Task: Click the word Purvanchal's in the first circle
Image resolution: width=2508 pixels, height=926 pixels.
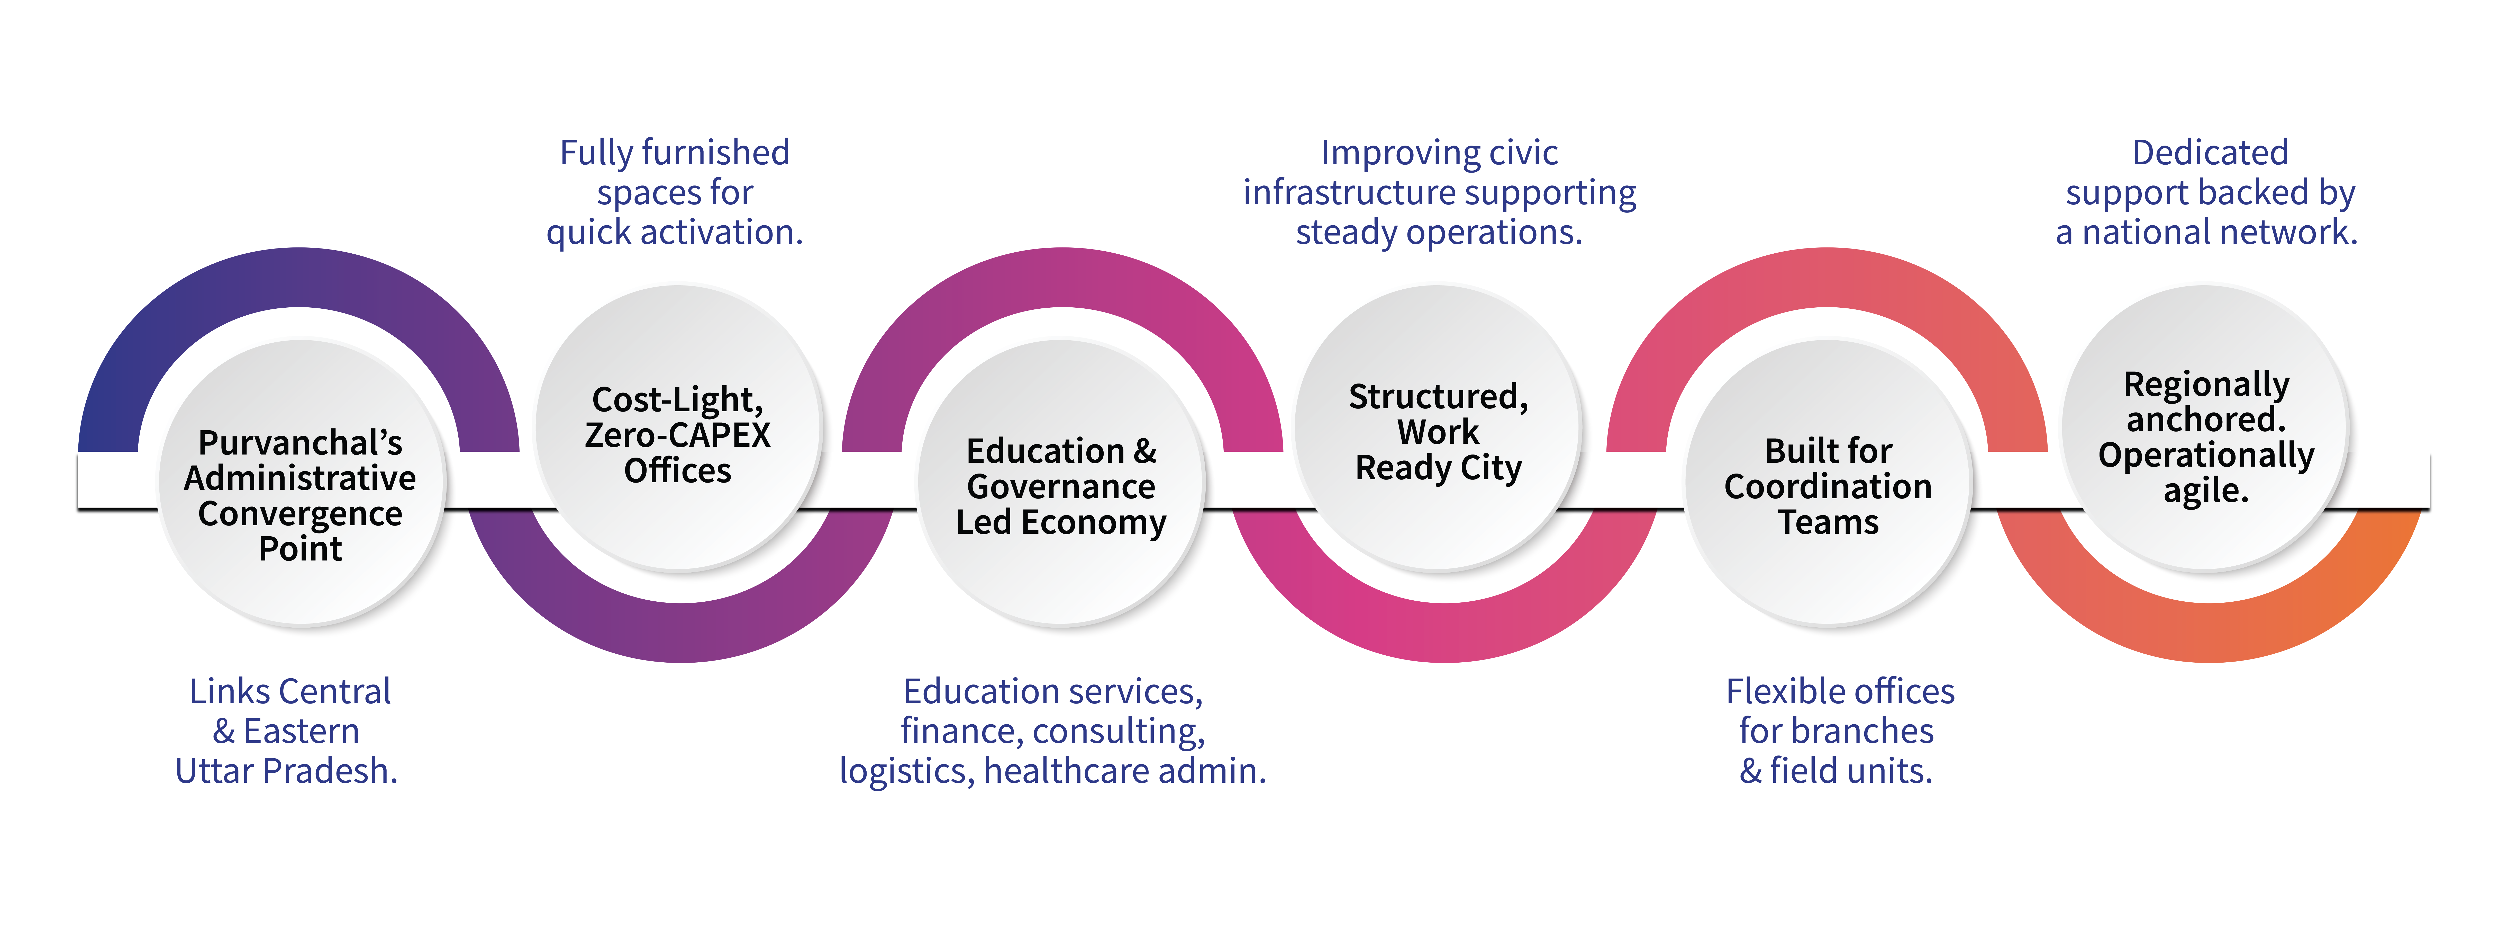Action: coord(300,443)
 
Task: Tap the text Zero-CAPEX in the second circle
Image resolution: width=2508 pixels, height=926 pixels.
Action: coord(678,435)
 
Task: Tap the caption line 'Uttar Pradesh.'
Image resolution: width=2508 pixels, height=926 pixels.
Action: coord(286,771)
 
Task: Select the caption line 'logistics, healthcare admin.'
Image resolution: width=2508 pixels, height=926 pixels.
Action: coord(1052,771)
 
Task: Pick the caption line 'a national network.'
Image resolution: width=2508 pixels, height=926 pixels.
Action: coord(2206,233)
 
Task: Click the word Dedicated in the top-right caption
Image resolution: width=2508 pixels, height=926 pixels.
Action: coord(2210,153)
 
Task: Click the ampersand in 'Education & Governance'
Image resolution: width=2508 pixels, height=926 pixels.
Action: coord(1145,452)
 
